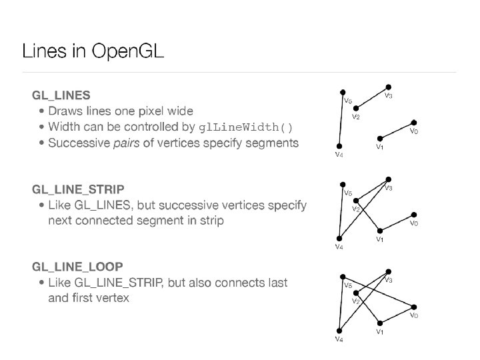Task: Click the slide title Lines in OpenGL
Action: click(x=93, y=51)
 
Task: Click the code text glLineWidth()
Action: click(x=245, y=127)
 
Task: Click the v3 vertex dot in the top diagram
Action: click(x=389, y=87)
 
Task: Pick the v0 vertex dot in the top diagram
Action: click(x=414, y=122)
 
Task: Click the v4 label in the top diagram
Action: click(x=339, y=155)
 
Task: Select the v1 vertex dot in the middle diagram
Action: click(x=378, y=231)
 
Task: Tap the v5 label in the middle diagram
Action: click(x=347, y=193)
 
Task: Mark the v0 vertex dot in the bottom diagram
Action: click(x=414, y=306)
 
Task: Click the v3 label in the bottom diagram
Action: click(x=388, y=280)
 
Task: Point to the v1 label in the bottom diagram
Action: click(x=379, y=331)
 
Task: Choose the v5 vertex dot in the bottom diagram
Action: click(x=341, y=277)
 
